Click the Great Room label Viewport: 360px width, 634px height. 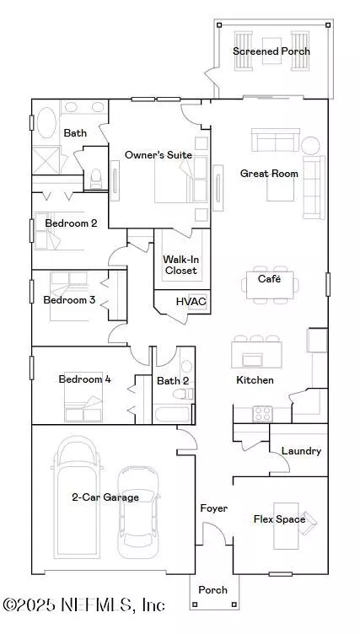click(x=269, y=174)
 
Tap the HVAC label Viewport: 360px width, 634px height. click(x=191, y=301)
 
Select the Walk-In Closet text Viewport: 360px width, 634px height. click(x=180, y=265)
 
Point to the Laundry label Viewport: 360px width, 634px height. click(x=301, y=451)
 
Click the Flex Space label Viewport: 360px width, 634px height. click(x=280, y=518)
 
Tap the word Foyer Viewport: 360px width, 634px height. click(x=214, y=508)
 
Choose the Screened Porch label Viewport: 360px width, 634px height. click(x=271, y=51)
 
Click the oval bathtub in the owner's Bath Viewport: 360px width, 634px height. click(x=46, y=122)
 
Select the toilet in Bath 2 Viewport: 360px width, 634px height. click(x=183, y=394)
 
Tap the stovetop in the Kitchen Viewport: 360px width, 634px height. click(x=262, y=414)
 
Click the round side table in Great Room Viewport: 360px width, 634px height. click(x=310, y=146)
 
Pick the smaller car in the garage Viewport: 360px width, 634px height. click(x=137, y=512)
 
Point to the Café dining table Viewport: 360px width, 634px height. click(x=270, y=285)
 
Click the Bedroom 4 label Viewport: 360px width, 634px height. click(x=85, y=379)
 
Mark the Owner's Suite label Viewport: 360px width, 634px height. click(x=159, y=155)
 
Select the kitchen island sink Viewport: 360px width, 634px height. click(x=252, y=358)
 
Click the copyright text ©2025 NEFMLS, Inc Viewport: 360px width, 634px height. click(x=84, y=604)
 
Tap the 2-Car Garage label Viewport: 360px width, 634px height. click(x=105, y=497)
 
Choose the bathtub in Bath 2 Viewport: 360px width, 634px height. click(x=172, y=415)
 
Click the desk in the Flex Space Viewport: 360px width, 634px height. click(x=287, y=526)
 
